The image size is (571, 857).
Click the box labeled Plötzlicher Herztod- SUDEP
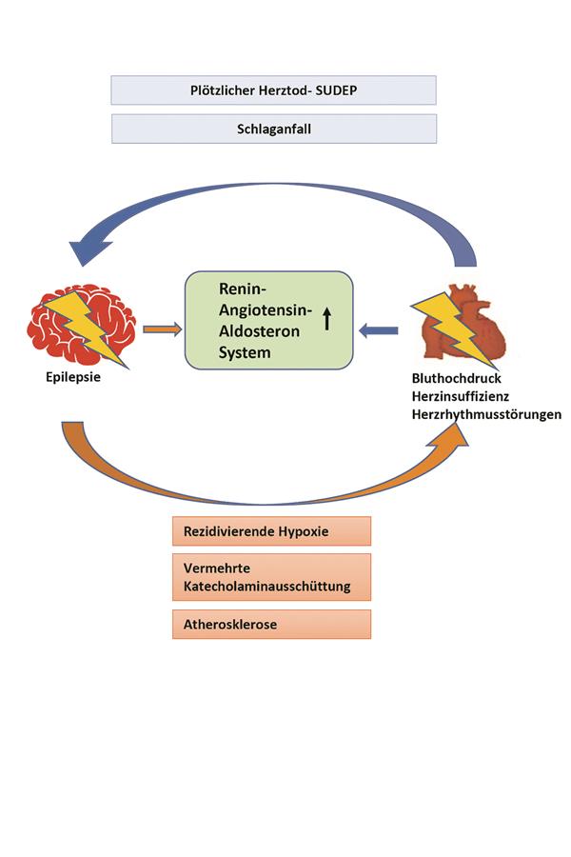(x=273, y=90)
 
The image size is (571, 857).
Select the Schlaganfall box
(x=273, y=129)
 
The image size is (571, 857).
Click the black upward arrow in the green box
(x=326, y=320)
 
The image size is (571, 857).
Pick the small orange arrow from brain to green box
(x=161, y=330)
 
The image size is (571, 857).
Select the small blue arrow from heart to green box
(x=379, y=330)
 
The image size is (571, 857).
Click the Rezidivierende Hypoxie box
(x=271, y=531)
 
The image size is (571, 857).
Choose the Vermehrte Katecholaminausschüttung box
(x=271, y=577)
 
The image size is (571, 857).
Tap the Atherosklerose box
(x=271, y=625)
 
